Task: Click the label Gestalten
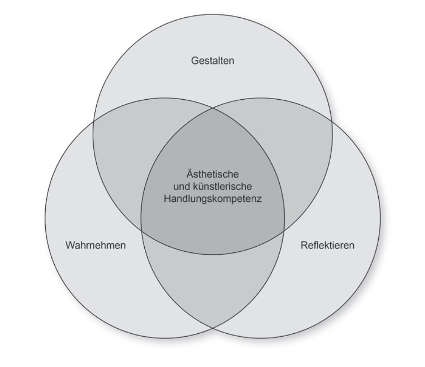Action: click(x=212, y=61)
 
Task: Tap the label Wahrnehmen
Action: click(x=96, y=245)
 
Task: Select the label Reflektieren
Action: click(x=327, y=245)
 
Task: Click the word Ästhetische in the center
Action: click(x=212, y=175)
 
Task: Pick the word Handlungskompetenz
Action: click(x=212, y=199)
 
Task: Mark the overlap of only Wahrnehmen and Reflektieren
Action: click(x=212, y=281)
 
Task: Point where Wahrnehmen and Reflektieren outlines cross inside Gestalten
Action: click(x=213, y=108)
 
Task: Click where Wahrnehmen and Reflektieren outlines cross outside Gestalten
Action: click(x=213, y=328)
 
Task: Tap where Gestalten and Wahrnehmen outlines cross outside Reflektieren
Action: click(x=93, y=121)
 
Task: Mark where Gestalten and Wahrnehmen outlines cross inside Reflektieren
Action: click(x=284, y=231)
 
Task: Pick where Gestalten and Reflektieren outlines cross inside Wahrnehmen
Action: click(x=142, y=231)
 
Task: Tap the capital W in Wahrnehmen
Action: click(x=70, y=245)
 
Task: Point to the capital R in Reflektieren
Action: click(x=304, y=245)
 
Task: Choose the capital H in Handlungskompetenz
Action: click(x=167, y=199)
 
